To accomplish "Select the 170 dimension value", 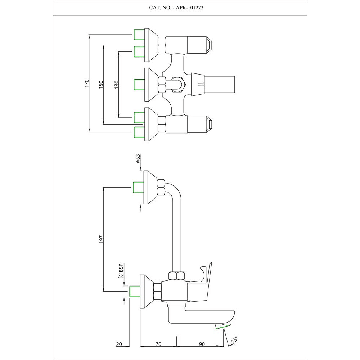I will tap(86, 84).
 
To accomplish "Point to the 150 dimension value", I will tap(101, 84).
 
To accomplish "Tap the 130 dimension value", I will tap(116, 84).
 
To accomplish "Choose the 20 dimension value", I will tap(119, 344).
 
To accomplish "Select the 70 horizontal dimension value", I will tap(158, 344).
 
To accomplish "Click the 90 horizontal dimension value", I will tap(202, 344).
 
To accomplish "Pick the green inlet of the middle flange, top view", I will tap(139, 84).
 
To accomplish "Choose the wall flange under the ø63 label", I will tap(150, 187).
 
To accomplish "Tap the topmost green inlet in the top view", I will tap(139, 35).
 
